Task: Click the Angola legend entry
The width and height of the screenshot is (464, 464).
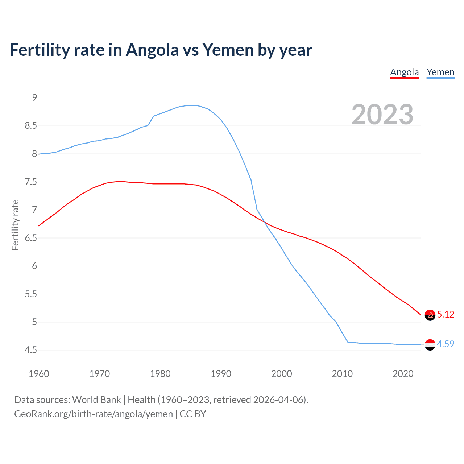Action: [404, 72]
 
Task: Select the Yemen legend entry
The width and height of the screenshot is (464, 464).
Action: [440, 72]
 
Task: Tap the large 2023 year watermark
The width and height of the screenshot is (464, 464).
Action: [382, 115]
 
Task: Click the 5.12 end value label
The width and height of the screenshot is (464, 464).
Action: [446, 314]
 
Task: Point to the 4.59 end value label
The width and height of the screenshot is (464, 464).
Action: [446, 344]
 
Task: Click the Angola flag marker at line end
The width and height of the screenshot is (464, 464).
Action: [430, 315]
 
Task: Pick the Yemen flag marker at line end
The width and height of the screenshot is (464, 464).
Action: [430, 345]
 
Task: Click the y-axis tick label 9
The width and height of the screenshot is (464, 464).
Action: [34, 98]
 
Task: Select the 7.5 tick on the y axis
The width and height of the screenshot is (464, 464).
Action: [31, 182]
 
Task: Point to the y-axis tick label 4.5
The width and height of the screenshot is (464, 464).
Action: [31, 350]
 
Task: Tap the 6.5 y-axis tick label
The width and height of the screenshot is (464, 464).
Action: [31, 238]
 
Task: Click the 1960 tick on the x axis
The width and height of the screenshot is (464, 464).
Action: [39, 374]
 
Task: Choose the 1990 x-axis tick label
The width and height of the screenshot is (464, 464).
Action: [221, 374]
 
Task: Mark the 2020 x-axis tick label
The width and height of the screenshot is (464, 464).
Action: [403, 374]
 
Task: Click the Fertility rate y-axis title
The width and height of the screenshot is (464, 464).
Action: [15, 225]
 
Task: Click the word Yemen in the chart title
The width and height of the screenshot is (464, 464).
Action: [227, 50]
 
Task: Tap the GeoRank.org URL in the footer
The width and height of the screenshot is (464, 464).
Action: [94, 414]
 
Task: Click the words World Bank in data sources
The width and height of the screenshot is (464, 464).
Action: [96, 399]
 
